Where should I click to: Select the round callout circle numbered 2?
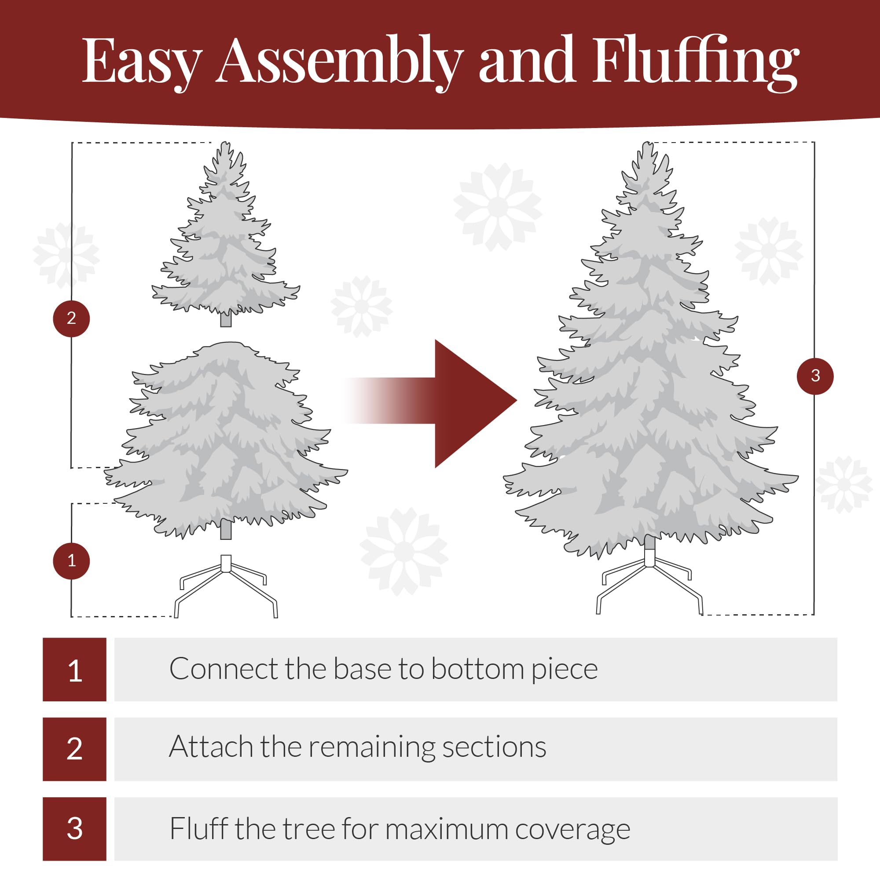72,319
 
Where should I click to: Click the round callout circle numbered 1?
72,561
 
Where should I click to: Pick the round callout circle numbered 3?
815,376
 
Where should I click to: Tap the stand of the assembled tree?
649,583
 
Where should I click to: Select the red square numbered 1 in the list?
75,670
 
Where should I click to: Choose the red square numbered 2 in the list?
75,749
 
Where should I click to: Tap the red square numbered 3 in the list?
75,829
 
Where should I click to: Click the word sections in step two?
494,748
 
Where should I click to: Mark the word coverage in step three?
572,829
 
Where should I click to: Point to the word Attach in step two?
211,748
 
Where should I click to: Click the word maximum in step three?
446,829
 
